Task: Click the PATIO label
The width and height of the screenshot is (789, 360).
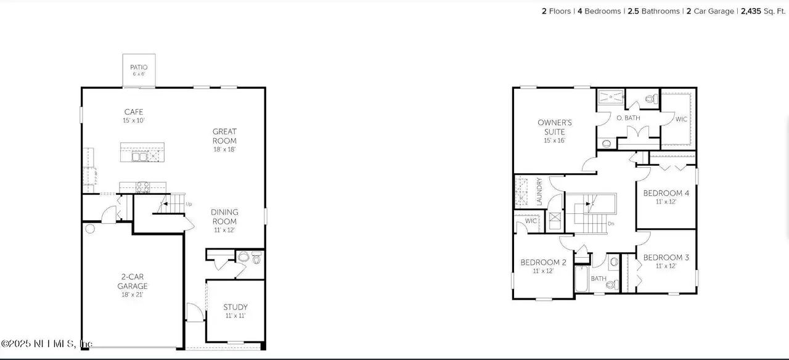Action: tap(139, 67)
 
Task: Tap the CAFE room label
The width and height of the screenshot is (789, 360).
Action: tap(134, 112)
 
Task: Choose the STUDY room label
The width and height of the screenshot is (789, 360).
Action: tap(235, 307)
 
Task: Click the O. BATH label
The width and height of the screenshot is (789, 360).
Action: tap(628, 118)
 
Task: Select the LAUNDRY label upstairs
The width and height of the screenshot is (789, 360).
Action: tap(539, 191)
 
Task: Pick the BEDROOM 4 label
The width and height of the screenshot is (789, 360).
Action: tap(666, 193)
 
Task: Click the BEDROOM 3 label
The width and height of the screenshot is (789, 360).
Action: tap(666, 258)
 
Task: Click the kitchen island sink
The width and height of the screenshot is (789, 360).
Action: tap(140, 157)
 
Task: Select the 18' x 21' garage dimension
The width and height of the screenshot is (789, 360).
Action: tap(133, 295)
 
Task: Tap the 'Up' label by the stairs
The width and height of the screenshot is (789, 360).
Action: tap(189, 204)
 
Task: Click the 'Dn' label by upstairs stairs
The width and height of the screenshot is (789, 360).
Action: tap(611, 223)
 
